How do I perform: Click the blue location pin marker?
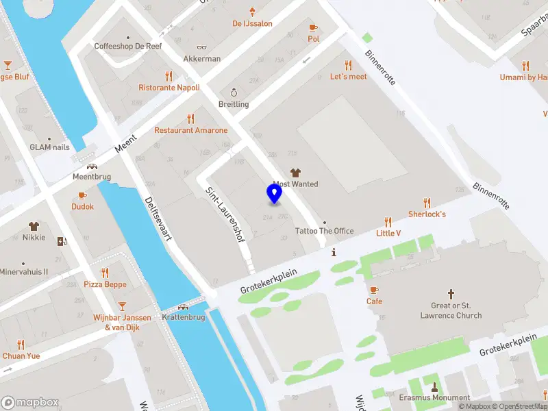[274, 194]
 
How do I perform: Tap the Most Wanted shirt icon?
[296, 173]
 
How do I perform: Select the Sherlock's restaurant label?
[427, 214]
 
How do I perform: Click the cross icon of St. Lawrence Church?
[451, 293]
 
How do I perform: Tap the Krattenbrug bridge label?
[184, 318]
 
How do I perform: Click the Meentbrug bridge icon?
[91, 166]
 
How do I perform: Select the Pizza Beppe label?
[105, 284]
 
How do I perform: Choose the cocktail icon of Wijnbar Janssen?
[122, 306]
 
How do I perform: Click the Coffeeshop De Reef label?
[127, 47]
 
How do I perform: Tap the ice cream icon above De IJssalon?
[253, 12]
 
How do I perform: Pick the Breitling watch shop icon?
[234, 92]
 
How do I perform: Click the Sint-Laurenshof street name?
[226, 216]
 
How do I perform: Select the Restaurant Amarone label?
[190, 130]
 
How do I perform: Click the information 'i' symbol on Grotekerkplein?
[334, 252]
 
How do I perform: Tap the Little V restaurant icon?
[388, 222]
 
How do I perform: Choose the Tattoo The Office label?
[324, 231]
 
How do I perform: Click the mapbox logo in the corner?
[30, 403]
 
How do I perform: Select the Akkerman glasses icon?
[201, 48]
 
